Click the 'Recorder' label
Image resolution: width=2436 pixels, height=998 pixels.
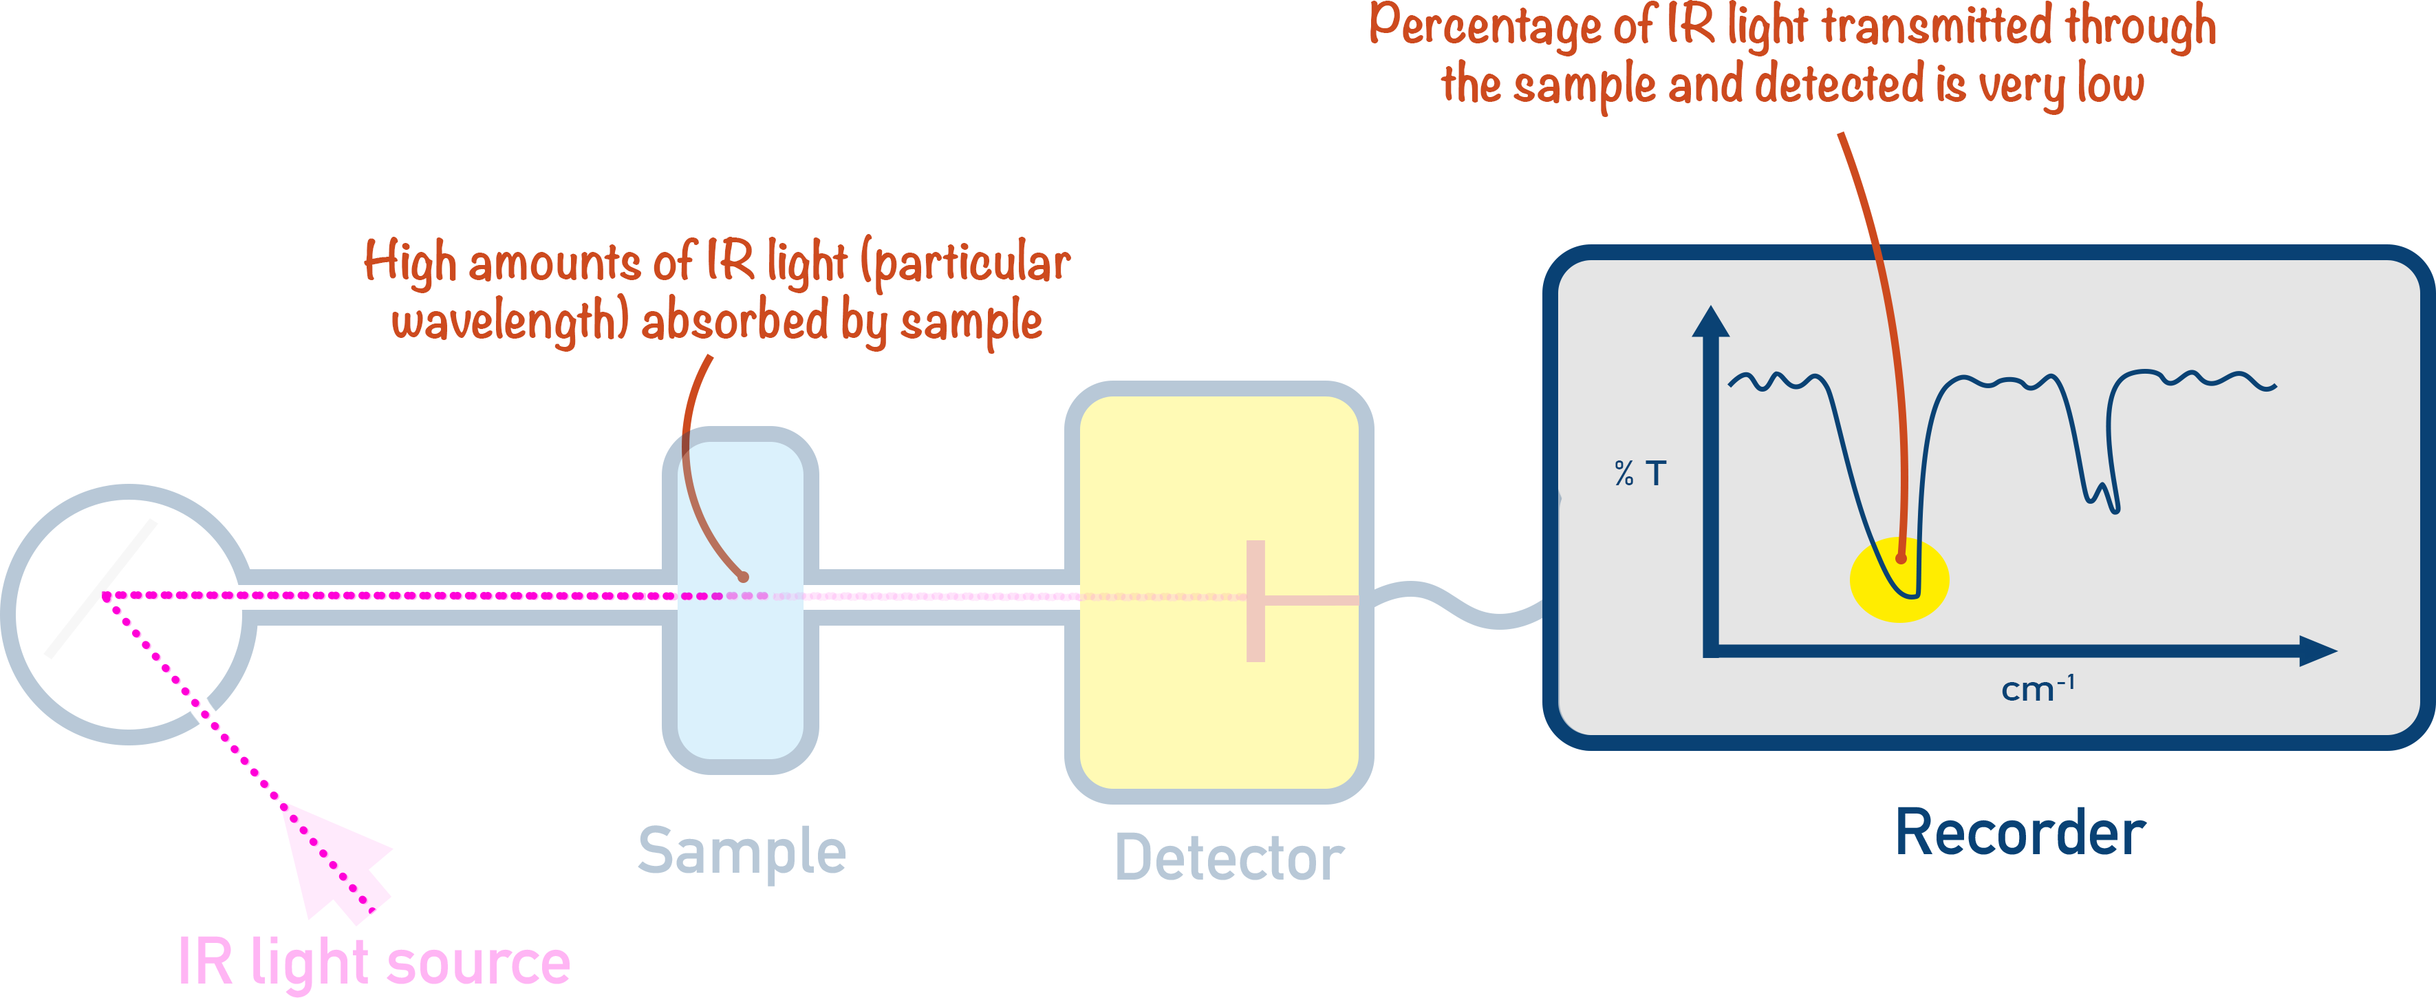[2020, 834]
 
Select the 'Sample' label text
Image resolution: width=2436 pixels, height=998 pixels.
[742, 851]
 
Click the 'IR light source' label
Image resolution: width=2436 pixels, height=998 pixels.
[374, 962]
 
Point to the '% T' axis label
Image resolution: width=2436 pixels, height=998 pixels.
[1640, 473]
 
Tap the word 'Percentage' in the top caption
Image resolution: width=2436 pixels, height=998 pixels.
[1485, 26]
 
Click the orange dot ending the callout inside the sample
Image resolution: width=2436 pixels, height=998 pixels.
[743, 576]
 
